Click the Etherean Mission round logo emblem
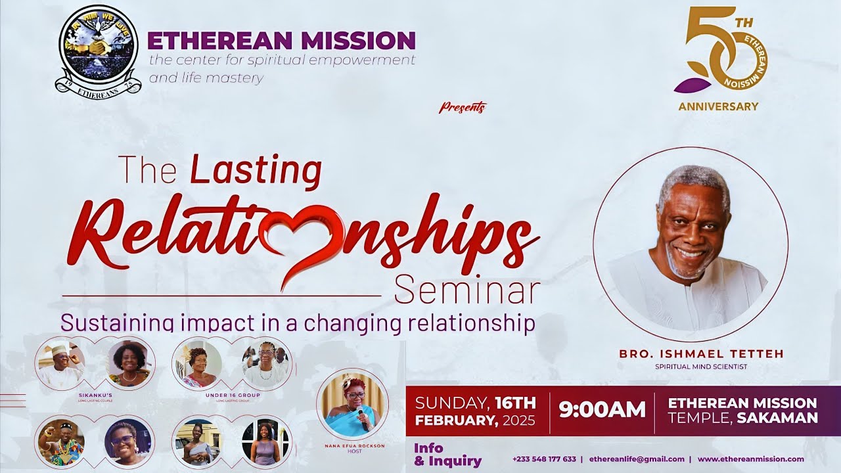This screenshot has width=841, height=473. coord(98,51)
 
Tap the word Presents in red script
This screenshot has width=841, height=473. coord(463,107)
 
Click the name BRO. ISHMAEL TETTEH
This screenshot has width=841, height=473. coord(701,354)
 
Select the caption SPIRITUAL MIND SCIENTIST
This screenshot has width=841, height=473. coord(701,367)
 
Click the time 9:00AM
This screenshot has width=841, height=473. coord(602,409)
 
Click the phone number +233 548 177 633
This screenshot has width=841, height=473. coord(544,459)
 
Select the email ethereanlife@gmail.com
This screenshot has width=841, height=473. coord(637,459)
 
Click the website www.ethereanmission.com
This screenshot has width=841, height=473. coord(750,459)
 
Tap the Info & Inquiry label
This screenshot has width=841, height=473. coord(447,455)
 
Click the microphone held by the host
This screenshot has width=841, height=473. coord(361,416)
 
